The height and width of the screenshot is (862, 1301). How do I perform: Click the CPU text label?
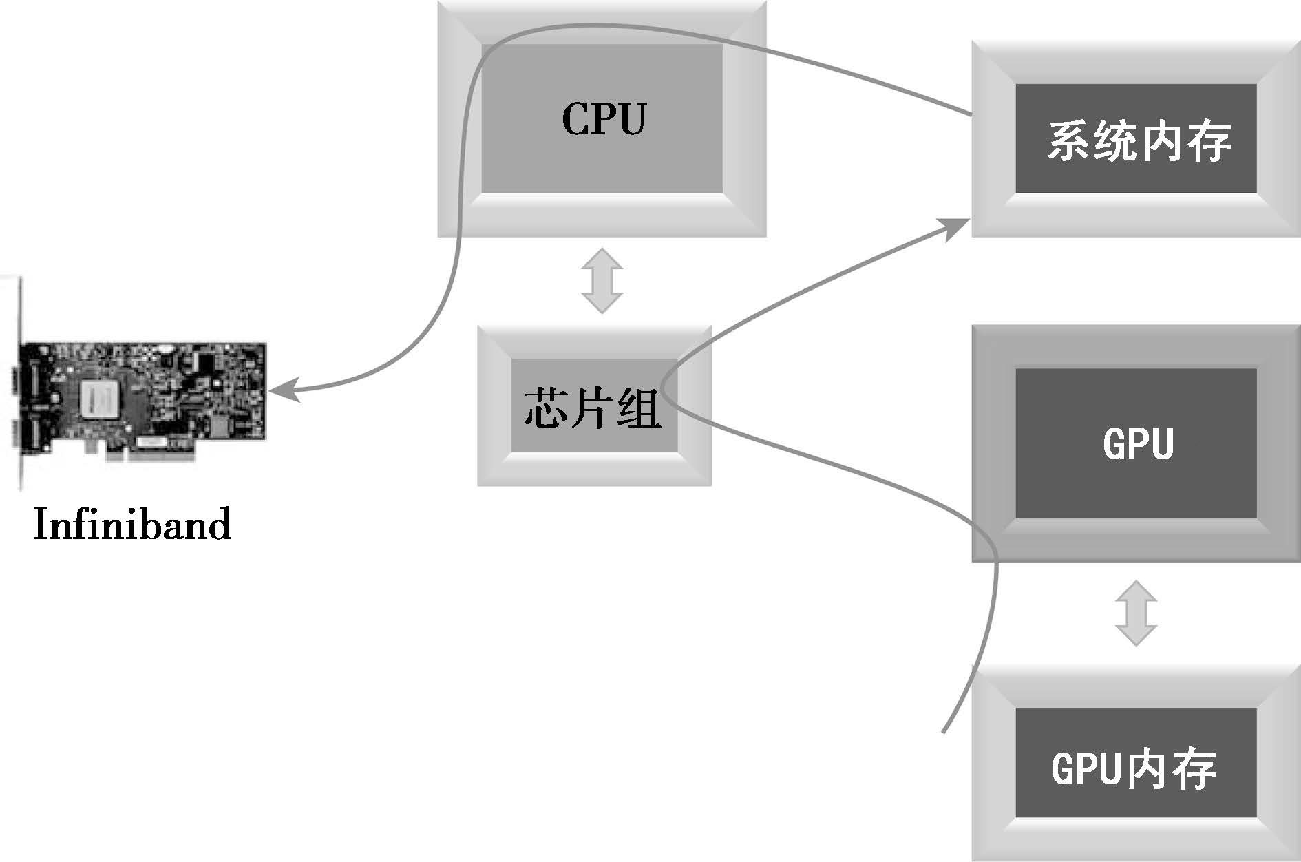(x=604, y=118)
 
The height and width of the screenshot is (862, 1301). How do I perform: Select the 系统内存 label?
(x=1139, y=142)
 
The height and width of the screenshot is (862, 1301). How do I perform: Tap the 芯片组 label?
(x=593, y=408)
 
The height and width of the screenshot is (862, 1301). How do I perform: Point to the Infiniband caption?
(x=132, y=525)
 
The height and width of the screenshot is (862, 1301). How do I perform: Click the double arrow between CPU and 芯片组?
(x=602, y=281)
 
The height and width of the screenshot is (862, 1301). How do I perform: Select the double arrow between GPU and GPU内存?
(x=1136, y=613)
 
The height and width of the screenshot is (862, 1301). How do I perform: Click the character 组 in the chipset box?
(x=638, y=408)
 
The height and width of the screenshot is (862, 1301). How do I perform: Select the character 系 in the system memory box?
(x=1069, y=142)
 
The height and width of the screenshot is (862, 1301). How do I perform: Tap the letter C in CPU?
(x=575, y=118)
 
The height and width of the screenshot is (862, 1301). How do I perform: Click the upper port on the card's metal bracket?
(x=21, y=380)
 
